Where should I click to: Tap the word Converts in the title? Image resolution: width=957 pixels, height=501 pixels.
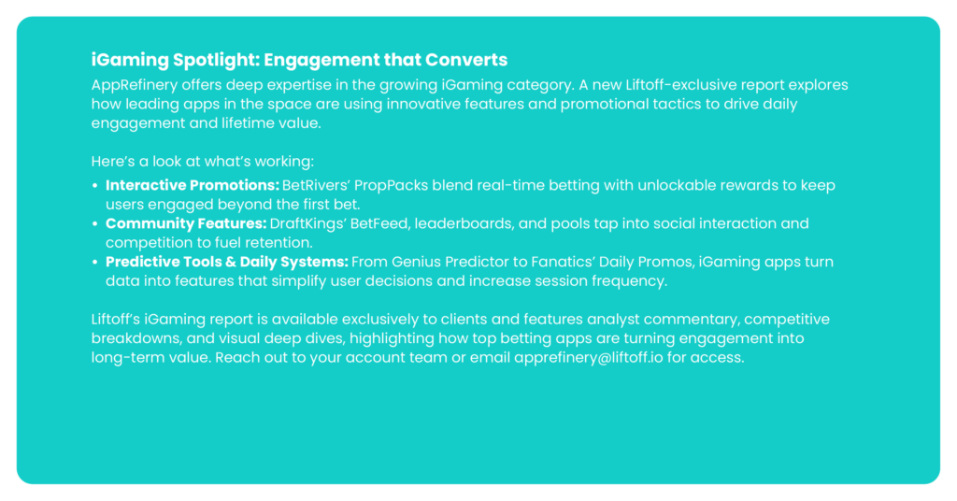466,60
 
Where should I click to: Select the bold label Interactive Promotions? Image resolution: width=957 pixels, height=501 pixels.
193,185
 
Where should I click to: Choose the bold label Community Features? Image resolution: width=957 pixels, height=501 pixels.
186,224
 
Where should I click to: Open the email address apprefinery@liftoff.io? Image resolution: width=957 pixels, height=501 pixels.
589,358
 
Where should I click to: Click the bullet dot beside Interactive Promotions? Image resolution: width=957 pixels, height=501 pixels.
95,185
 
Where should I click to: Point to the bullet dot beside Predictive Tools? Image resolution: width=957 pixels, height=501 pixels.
95,263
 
